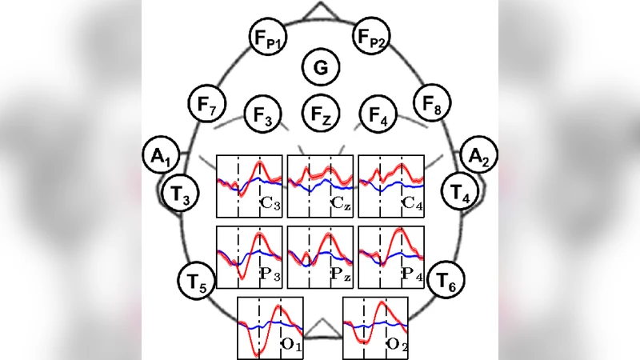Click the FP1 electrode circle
tap(267, 38)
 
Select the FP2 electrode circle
tap(372, 38)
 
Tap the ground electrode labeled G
tap(320, 68)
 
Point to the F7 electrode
tap(207, 105)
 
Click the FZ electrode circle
tap(320, 117)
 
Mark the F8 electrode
tap(432, 105)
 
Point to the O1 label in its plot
tap(291, 346)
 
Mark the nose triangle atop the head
tap(320, 11)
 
